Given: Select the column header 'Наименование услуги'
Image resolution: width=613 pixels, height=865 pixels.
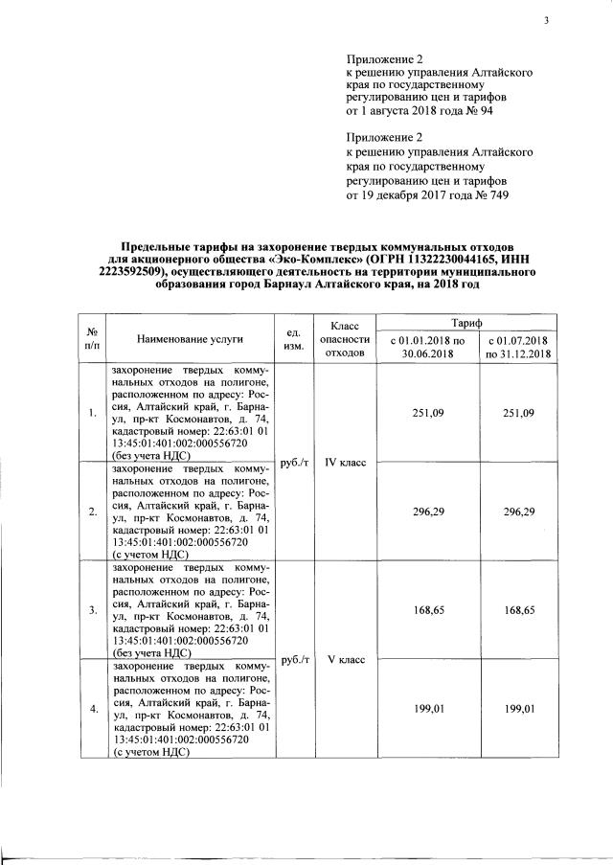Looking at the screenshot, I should pyautogui.click(x=190, y=339).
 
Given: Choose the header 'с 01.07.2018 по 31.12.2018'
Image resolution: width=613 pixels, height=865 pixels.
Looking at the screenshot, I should pyautogui.click(x=516, y=348).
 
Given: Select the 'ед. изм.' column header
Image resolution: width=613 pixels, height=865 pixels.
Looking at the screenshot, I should pyautogui.click(x=295, y=339).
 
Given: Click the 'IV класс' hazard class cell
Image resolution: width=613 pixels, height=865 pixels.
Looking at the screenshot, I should pyautogui.click(x=340, y=462).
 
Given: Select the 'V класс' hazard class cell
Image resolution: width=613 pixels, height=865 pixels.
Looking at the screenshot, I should pyautogui.click(x=340, y=659).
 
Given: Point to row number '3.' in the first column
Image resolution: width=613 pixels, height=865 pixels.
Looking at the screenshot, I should pyautogui.click(x=92, y=609).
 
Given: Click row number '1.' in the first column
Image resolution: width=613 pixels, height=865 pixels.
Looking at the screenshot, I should pyautogui.click(x=92, y=413).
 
